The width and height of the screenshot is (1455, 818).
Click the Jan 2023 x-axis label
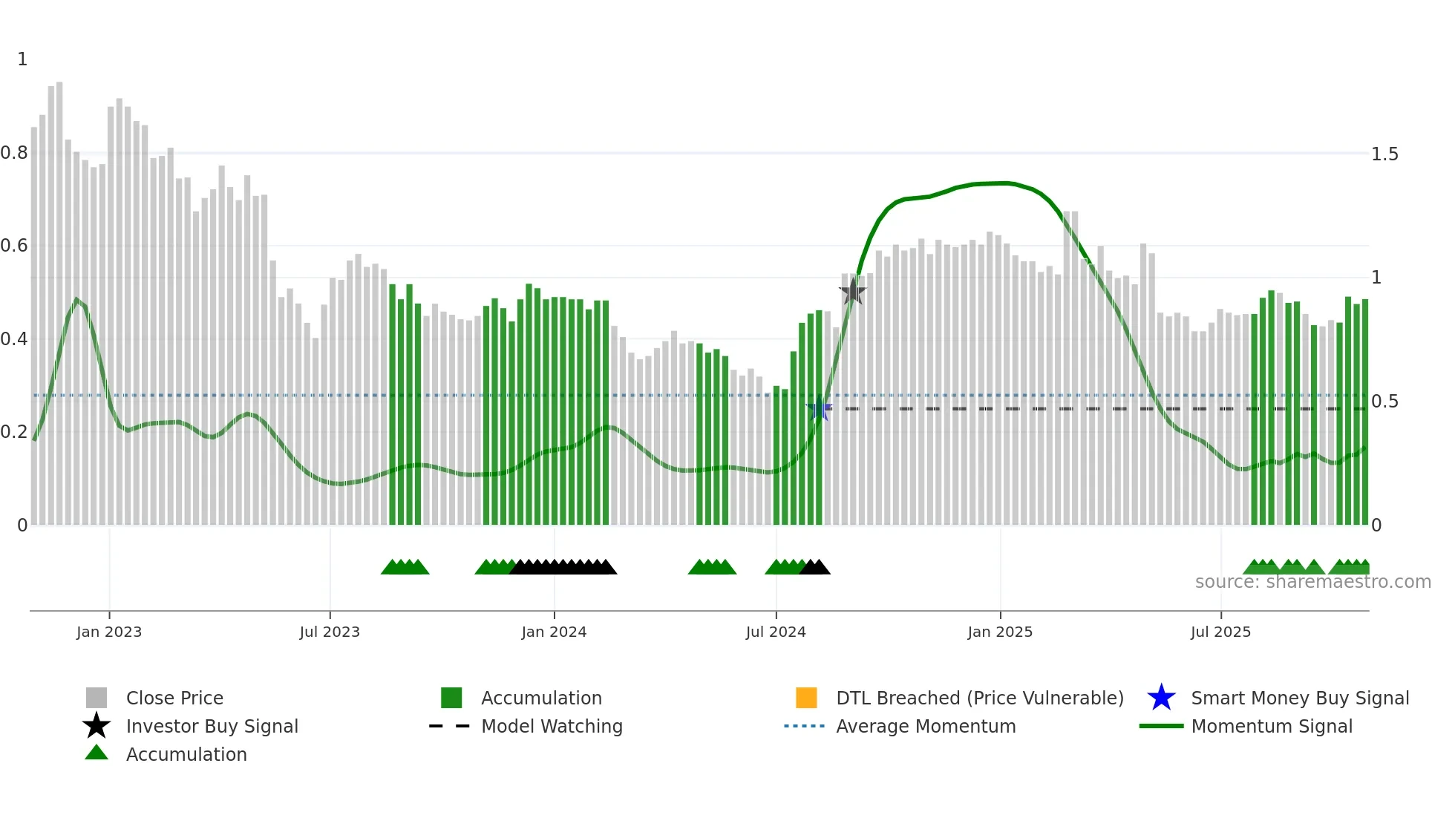click(108, 632)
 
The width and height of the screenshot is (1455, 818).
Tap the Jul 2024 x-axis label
click(776, 632)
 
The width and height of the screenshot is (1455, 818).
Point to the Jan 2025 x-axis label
click(999, 632)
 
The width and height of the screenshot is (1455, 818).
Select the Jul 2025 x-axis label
click(1220, 632)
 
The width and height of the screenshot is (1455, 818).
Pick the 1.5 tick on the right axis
click(1384, 154)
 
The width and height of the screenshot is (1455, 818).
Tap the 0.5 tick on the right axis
click(1384, 402)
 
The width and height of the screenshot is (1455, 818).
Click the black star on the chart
click(853, 292)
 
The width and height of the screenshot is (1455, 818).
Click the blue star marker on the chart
click(819, 408)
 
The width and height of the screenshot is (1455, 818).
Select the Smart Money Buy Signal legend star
click(1161, 698)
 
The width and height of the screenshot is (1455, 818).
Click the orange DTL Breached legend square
click(806, 698)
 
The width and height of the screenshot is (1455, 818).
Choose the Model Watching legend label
click(552, 727)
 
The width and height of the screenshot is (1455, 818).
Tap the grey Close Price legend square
click(97, 698)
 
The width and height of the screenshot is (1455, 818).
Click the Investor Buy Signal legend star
click(97, 726)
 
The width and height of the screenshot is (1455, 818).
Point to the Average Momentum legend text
click(926, 727)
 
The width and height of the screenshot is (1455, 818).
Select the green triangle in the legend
click(97, 753)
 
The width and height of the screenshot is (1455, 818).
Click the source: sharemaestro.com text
click(1312, 582)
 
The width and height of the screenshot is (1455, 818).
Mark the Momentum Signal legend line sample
click(1161, 726)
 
